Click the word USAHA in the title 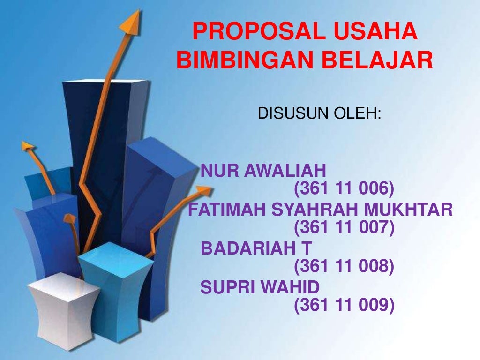tap(369, 32)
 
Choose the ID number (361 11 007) tap(344, 228)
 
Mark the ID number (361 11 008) tap(344, 266)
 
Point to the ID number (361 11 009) tap(344, 305)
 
